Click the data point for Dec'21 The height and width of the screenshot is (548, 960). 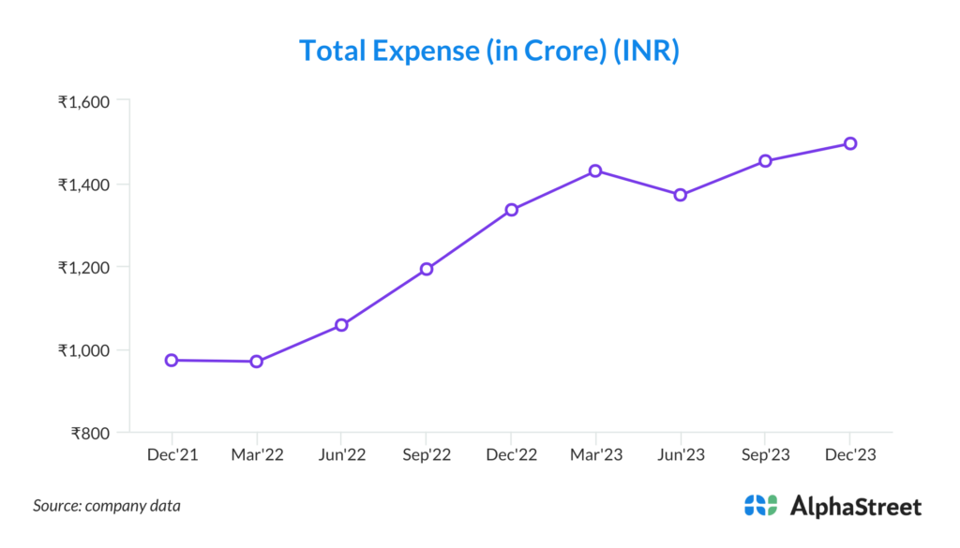(172, 360)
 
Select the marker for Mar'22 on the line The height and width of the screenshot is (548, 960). (256, 362)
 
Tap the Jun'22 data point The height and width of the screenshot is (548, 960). (341, 325)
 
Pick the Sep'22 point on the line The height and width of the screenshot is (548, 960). (426, 269)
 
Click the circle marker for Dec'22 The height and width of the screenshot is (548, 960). (511, 210)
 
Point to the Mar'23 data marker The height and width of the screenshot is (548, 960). (595, 170)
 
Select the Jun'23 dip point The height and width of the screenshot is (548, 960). (681, 195)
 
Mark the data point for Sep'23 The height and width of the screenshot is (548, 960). (765, 160)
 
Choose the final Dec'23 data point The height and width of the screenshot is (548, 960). (849, 143)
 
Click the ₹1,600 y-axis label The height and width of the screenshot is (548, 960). (84, 101)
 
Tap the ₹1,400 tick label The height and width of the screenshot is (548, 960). (84, 185)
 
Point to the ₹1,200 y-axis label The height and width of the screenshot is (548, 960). (84, 267)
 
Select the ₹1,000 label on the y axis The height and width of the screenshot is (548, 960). (84, 350)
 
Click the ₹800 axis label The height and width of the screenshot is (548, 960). (91, 434)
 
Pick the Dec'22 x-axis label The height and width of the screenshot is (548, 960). (511, 455)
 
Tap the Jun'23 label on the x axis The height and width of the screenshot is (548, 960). (681, 455)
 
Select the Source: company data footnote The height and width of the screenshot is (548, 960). (107, 506)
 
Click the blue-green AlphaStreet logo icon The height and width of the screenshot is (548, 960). (760, 506)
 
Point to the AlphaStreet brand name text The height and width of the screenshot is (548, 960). (856, 507)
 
